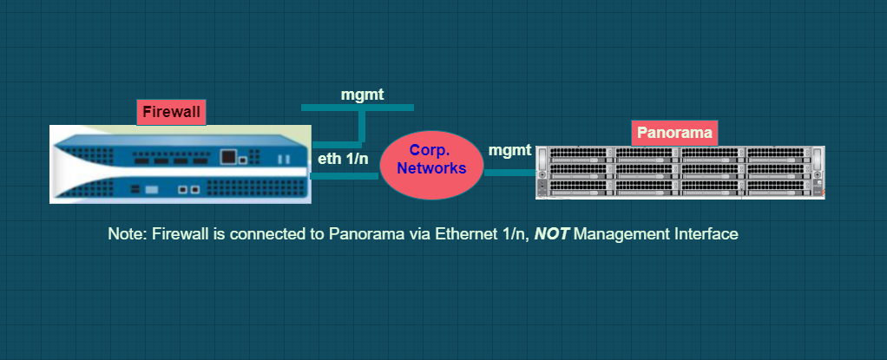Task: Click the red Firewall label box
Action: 171,112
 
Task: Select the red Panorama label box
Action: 674,133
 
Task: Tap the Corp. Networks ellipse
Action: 431,166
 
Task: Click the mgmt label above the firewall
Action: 362,95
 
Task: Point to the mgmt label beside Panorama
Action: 509,150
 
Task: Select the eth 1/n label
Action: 344,158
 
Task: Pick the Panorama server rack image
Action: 680,172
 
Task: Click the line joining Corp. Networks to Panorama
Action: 510,173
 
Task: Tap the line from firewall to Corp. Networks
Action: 344,176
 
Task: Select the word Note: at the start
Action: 128,234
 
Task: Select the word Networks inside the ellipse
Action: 431,168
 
